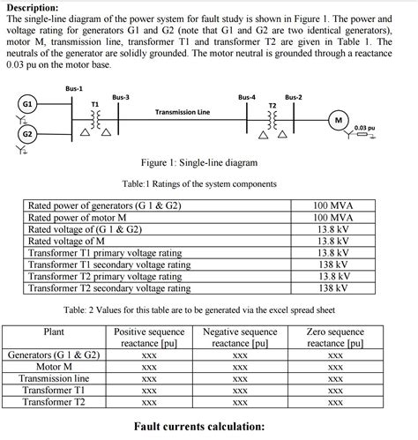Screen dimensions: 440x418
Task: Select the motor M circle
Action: point(338,120)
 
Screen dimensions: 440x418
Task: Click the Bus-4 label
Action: point(248,96)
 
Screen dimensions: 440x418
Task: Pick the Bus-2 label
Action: point(293,96)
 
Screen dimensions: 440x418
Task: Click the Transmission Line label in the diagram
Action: point(183,112)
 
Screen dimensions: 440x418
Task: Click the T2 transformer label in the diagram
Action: point(271,104)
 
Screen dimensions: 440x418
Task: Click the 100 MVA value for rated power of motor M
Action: point(333,217)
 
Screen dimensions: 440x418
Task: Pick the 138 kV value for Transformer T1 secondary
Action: point(333,264)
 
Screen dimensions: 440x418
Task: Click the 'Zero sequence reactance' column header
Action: point(334,338)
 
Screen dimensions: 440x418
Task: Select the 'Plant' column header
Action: point(54,332)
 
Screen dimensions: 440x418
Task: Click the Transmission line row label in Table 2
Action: point(55,377)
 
